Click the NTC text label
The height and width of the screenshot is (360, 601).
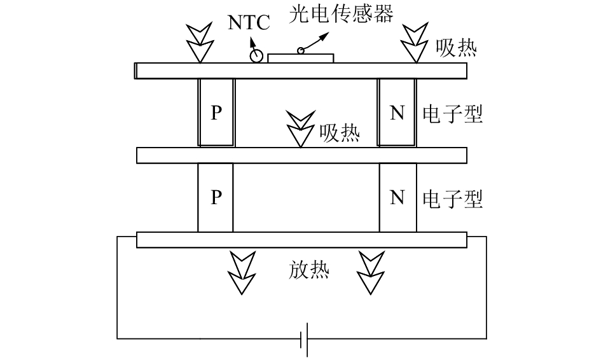click(x=249, y=24)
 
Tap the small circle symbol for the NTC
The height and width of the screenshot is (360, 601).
click(x=257, y=56)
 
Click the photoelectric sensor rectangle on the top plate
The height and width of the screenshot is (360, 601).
click(x=301, y=59)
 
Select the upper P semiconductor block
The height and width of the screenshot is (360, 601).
click(x=216, y=113)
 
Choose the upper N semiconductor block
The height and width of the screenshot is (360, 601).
click(x=397, y=113)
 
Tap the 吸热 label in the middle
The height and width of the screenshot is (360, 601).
click(x=339, y=133)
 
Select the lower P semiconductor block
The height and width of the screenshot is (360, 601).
click(x=216, y=198)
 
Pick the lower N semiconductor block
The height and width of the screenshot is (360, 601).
click(x=397, y=198)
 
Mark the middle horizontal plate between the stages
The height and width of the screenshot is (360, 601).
click(x=301, y=155)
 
